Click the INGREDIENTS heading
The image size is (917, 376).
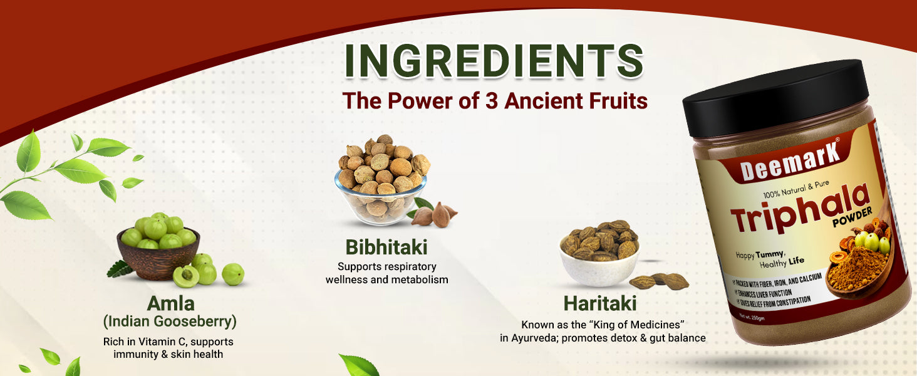tap(494, 61)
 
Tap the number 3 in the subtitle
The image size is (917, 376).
tap(492, 101)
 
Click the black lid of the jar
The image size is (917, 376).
tap(775, 98)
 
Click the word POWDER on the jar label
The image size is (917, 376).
tap(852, 217)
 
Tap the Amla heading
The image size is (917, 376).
tap(171, 303)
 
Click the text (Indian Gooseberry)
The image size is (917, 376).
tap(170, 321)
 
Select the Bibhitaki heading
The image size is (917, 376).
tap(386, 248)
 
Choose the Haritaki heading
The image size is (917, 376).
tap(600, 303)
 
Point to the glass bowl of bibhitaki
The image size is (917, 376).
tap(380, 198)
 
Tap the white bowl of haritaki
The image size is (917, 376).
tap(599, 266)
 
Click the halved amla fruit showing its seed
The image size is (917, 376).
tap(185, 276)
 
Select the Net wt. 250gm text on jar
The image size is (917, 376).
tap(752, 317)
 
